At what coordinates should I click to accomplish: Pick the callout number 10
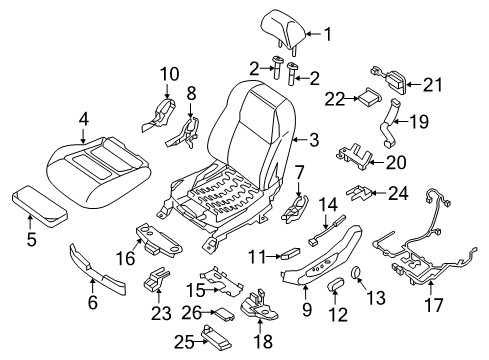click(x=169, y=73)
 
